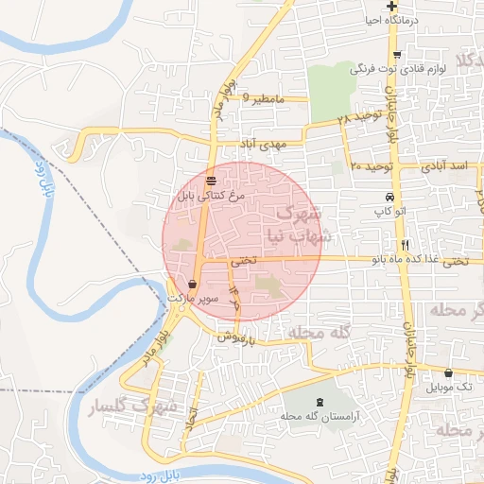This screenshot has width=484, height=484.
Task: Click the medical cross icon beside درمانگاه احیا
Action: [x=403, y=6]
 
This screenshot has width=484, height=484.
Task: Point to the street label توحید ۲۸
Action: [x=356, y=120]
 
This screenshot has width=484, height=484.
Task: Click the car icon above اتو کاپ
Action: [x=376, y=198]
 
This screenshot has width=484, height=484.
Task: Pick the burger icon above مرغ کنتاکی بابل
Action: [x=210, y=180]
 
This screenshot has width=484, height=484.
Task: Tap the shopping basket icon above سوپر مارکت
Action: [x=193, y=283]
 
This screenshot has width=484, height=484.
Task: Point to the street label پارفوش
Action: [x=236, y=336]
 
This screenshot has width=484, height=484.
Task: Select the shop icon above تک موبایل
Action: [x=447, y=372]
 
